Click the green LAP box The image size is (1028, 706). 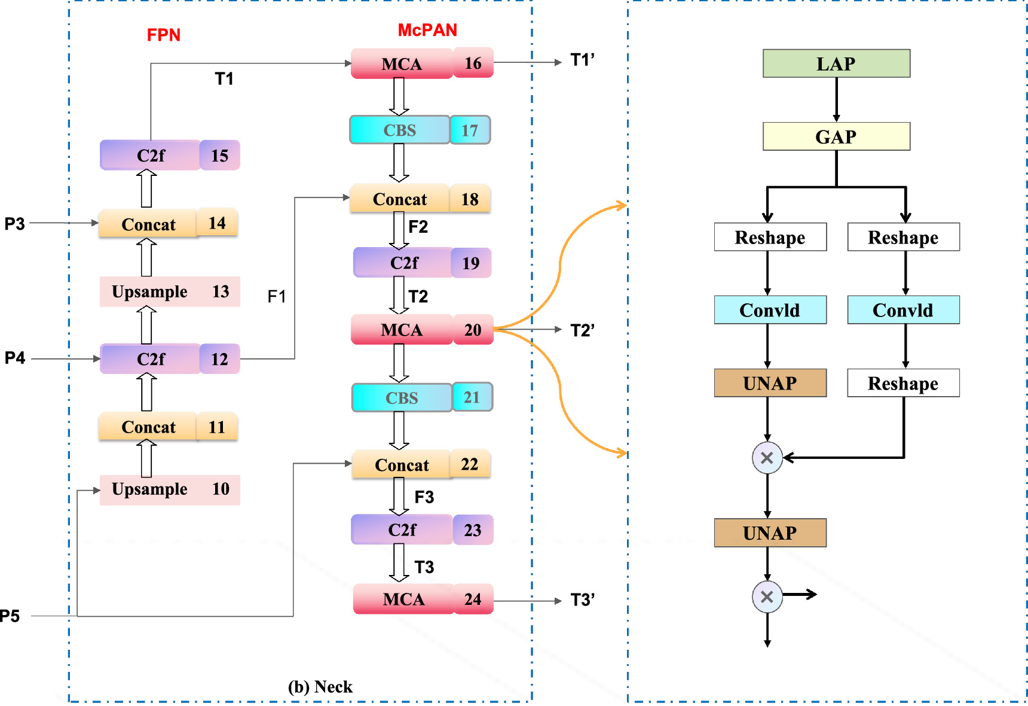(836, 63)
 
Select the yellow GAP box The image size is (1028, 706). (836, 136)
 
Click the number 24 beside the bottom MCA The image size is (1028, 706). (473, 599)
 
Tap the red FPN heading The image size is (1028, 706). (163, 35)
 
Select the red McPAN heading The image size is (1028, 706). (427, 30)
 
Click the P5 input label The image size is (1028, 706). (10, 616)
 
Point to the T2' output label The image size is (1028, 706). (582, 330)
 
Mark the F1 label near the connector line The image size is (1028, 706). (276, 296)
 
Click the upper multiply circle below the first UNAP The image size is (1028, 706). (767, 458)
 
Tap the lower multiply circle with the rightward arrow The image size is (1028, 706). (767, 597)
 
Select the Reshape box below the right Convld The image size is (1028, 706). (902, 383)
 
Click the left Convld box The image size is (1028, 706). (770, 310)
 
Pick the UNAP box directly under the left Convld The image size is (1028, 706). (770, 383)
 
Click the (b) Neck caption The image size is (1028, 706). (320, 686)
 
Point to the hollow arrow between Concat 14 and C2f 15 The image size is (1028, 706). (146, 188)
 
